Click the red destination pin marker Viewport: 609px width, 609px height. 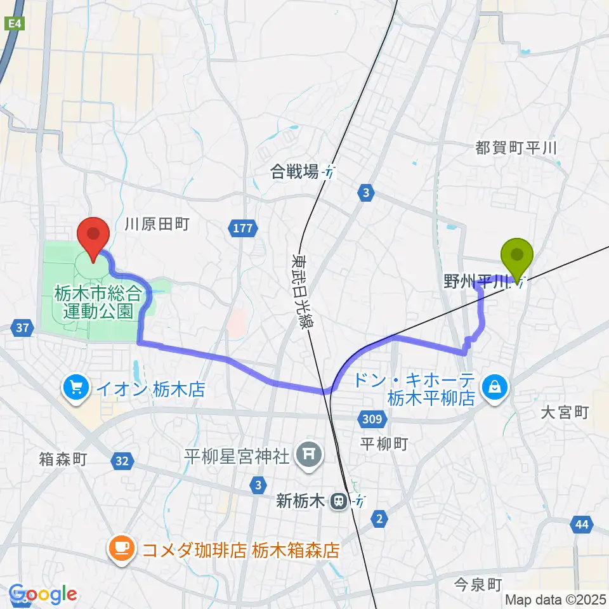tap(94, 236)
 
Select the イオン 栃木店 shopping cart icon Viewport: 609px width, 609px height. tap(76, 387)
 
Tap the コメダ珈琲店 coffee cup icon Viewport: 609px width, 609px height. tap(121, 548)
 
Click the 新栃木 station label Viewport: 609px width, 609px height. tap(303, 502)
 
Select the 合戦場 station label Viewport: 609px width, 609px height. tap(294, 171)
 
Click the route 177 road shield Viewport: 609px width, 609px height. tap(242, 228)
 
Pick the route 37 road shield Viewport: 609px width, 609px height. tap(22, 328)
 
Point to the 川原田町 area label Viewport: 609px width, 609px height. tap(157, 225)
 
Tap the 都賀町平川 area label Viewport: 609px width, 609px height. tap(516, 148)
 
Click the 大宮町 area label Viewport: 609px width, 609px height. tap(565, 413)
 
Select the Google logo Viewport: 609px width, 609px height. tap(42, 594)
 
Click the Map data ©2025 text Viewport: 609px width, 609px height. tap(554, 599)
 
